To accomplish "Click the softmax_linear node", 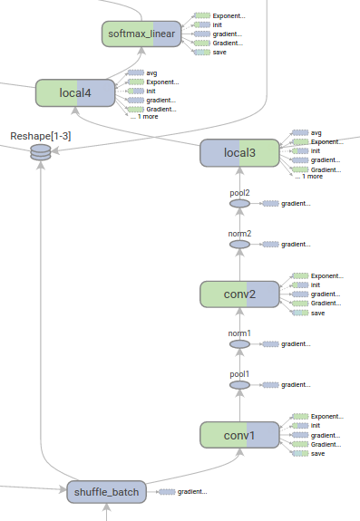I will click(x=140, y=34).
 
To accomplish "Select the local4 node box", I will click(x=74, y=92).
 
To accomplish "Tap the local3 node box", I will click(x=239, y=153).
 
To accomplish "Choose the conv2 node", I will click(x=239, y=294).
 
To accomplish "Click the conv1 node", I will click(x=239, y=435).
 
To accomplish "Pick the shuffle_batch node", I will click(x=105, y=492).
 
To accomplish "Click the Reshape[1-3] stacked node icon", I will click(x=40, y=152).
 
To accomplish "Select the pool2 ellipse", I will click(x=239, y=204).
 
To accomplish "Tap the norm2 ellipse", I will click(x=239, y=245).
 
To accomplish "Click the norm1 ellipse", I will click(x=239, y=344).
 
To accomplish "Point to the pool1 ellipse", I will click(x=239, y=385).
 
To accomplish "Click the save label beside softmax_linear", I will click(x=219, y=53).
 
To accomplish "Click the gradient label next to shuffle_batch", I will click(x=191, y=492).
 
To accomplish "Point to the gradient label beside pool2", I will click(x=296, y=204).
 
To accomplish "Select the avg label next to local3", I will click(x=316, y=132).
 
